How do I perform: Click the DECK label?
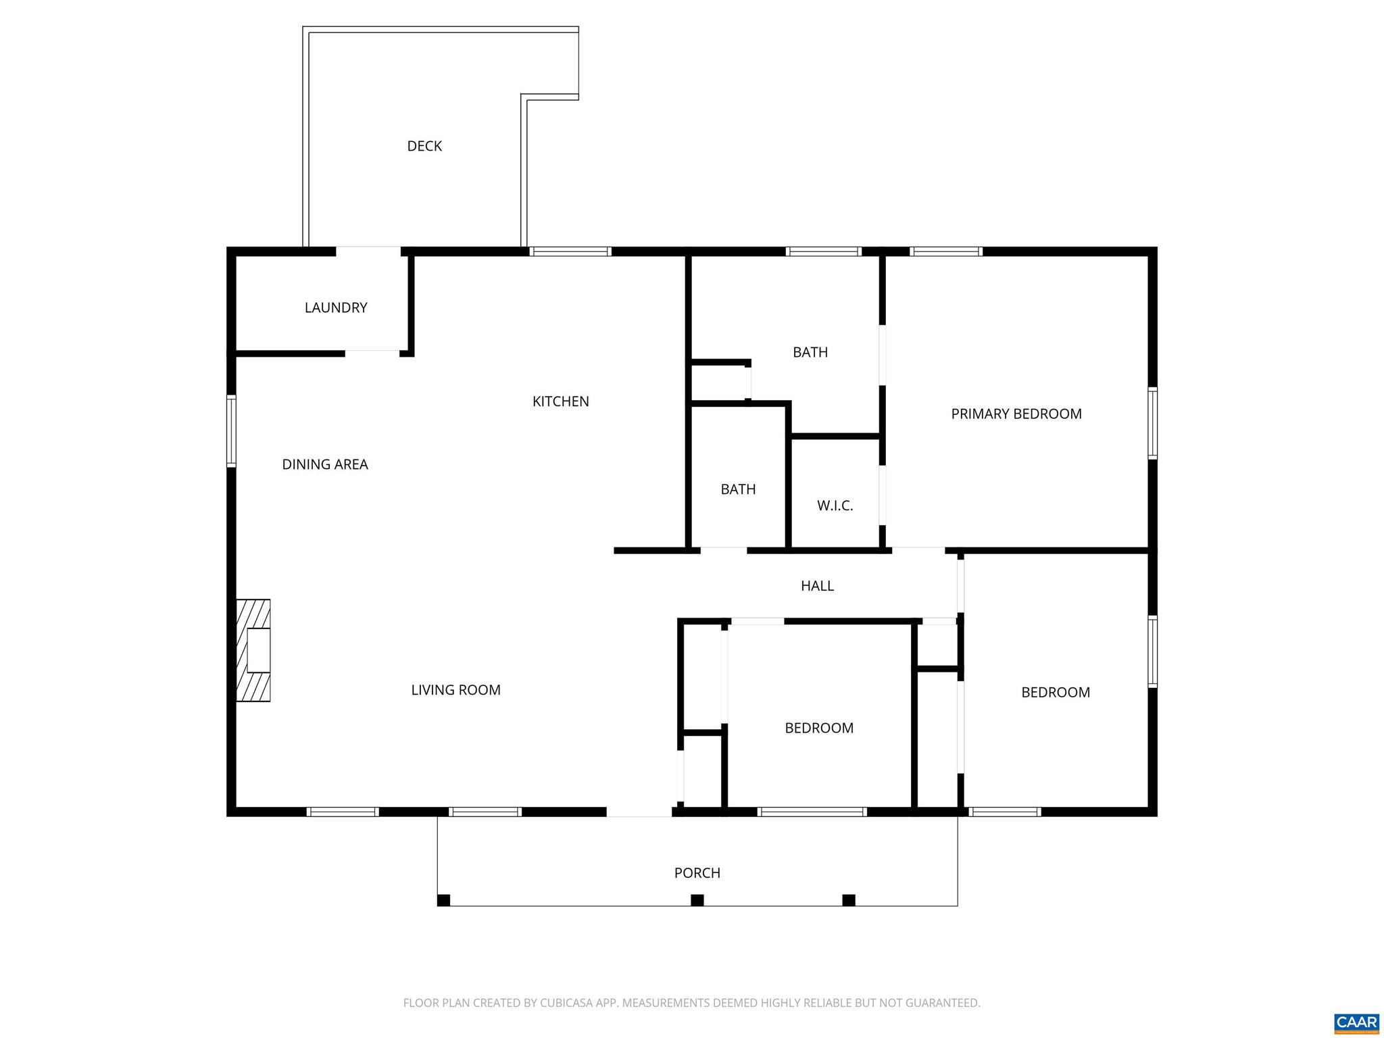pyautogui.click(x=424, y=146)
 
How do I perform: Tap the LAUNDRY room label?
pyautogui.click(x=336, y=307)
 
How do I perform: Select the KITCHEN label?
pyautogui.click(x=560, y=401)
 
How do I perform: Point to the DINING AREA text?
pyautogui.click(x=325, y=464)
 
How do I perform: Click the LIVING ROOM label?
pyautogui.click(x=455, y=690)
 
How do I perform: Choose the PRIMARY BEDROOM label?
pyautogui.click(x=1016, y=414)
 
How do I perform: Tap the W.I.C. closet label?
pyautogui.click(x=835, y=505)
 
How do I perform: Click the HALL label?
pyautogui.click(x=817, y=586)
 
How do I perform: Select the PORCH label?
pyautogui.click(x=697, y=873)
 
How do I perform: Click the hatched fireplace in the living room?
pyautogui.click(x=253, y=650)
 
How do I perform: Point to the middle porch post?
pyautogui.click(x=697, y=900)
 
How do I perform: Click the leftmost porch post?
pyautogui.click(x=443, y=900)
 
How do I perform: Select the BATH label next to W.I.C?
pyautogui.click(x=738, y=489)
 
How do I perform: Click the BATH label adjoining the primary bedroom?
pyautogui.click(x=810, y=352)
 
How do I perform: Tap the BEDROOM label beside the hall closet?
pyautogui.click(x=818, y=728)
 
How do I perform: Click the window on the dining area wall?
pyautogui.click(x=231, y=430)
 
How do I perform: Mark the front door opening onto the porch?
pyautogui.click(x=639, y=812)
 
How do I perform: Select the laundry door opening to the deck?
pyautogui.click(x=368, y=251)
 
